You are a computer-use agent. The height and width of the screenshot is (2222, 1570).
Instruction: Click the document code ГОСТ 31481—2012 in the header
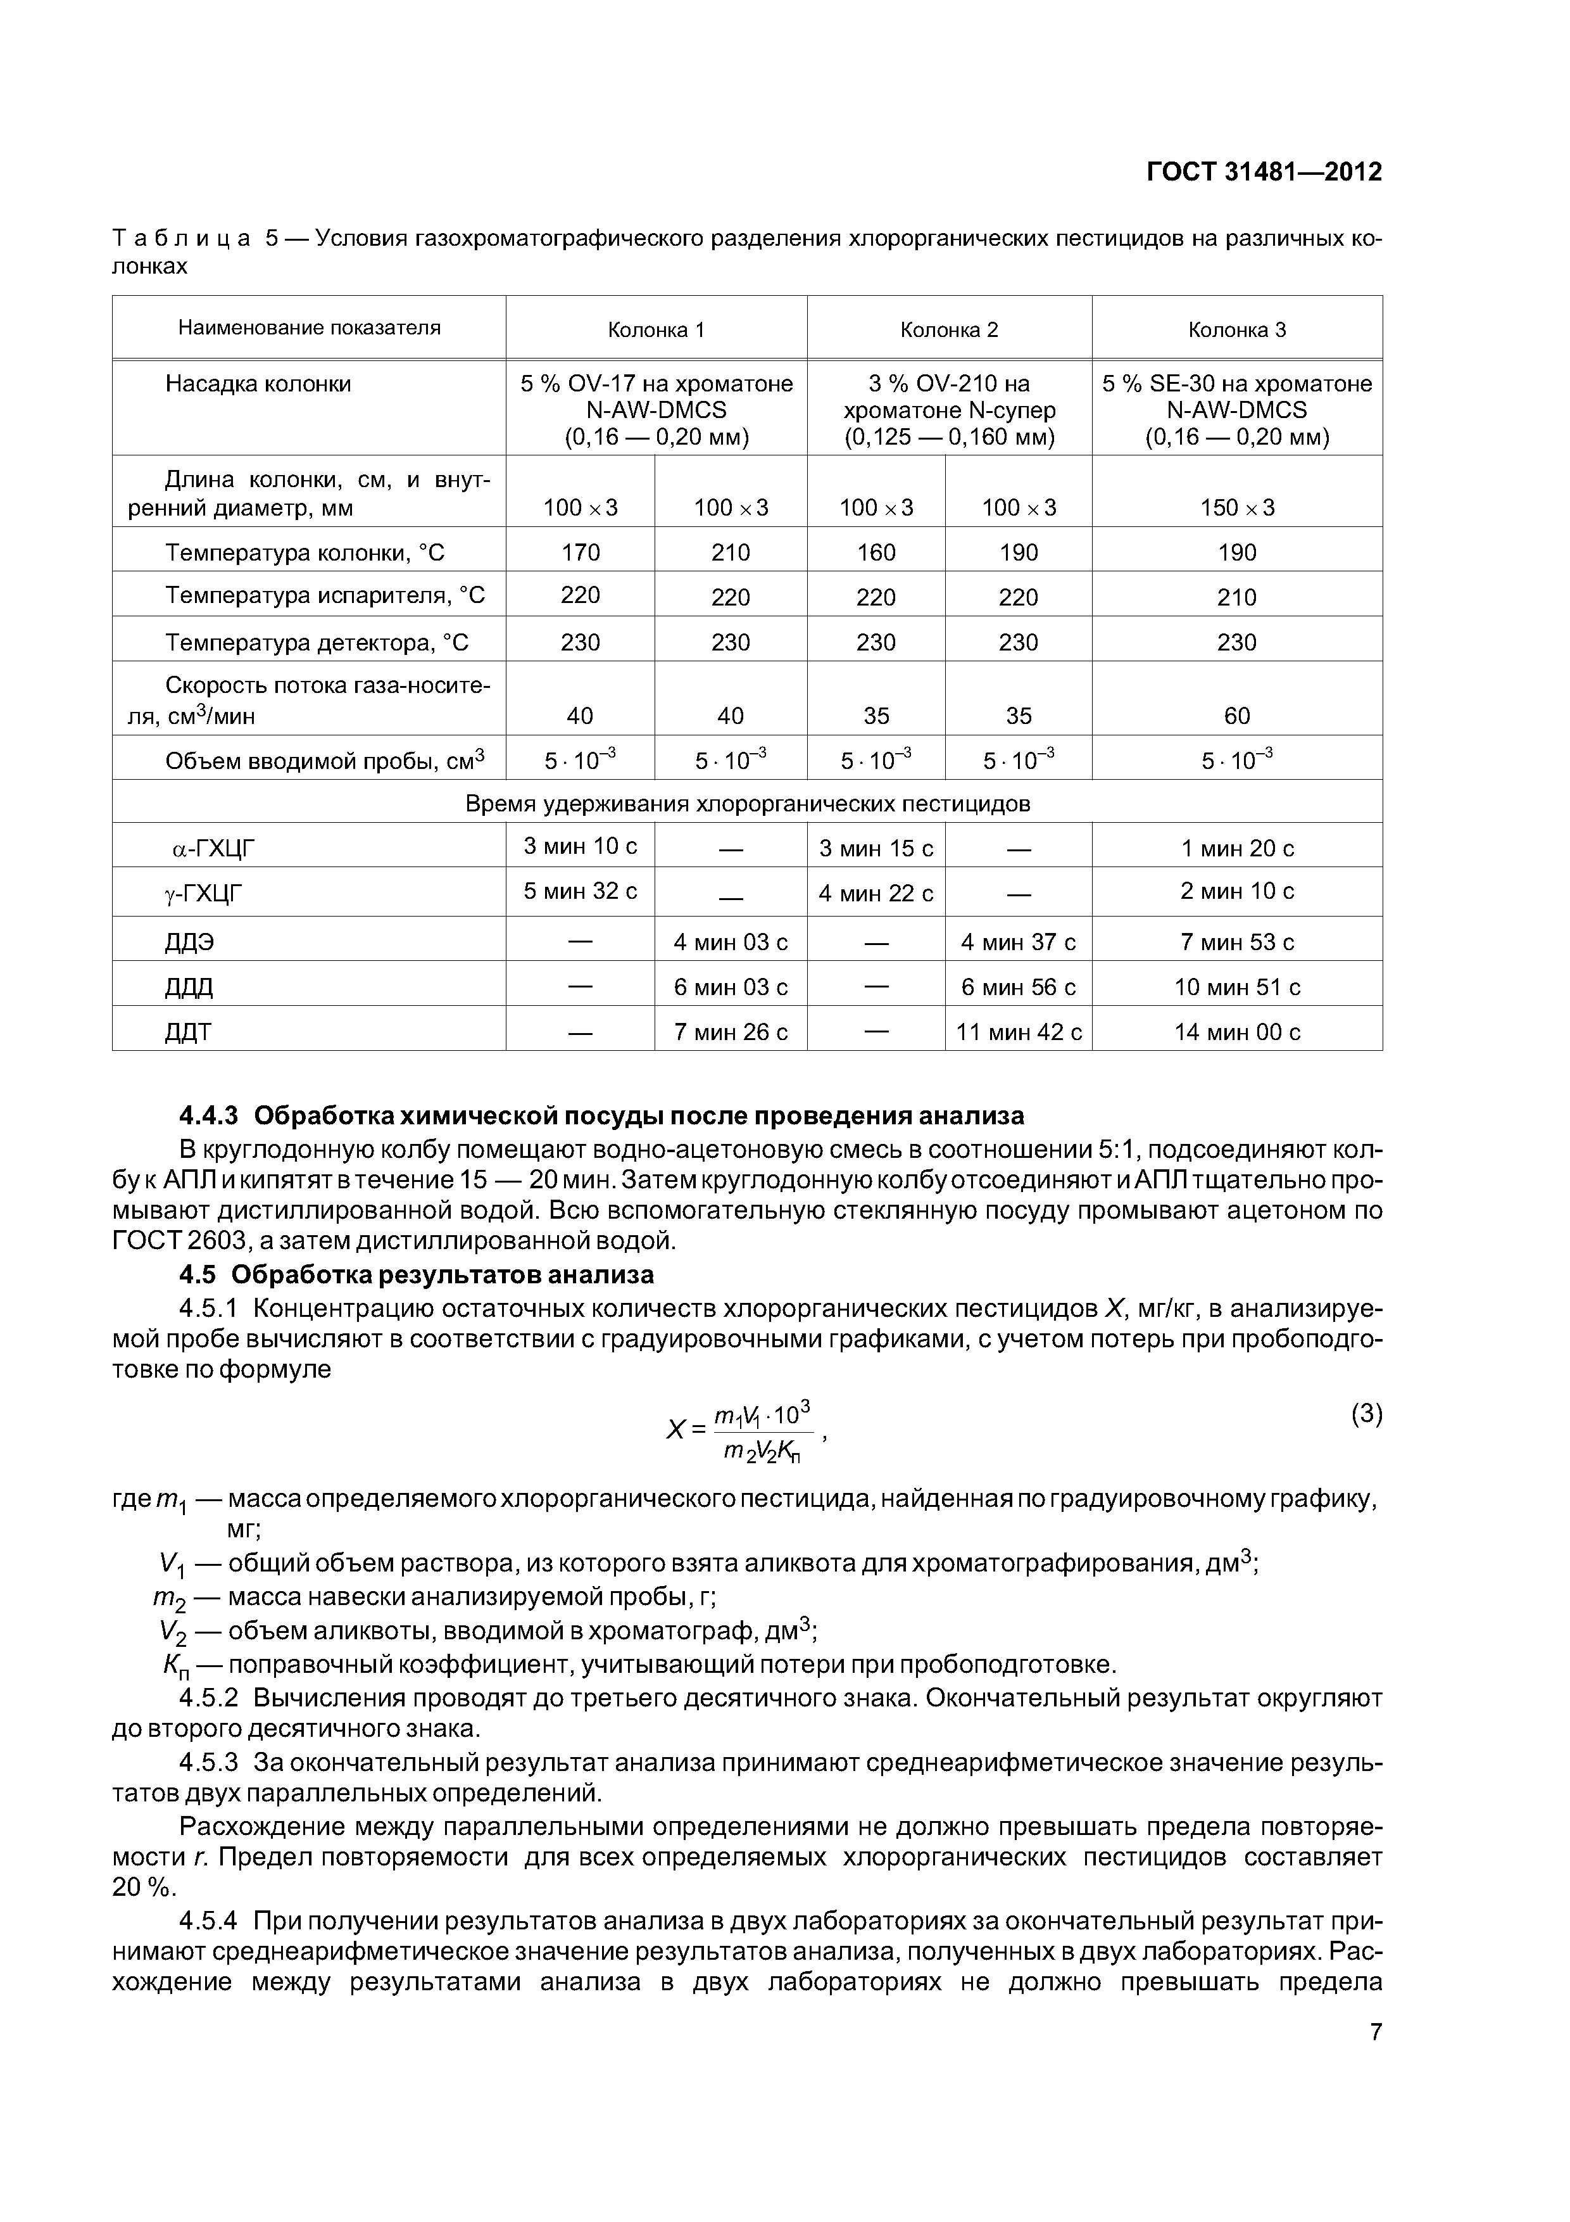(x=1264, y=172)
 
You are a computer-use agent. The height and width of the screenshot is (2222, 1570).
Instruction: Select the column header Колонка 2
(x=949, y=330)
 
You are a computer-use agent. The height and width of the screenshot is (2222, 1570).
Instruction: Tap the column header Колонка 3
(x=1236, y=330)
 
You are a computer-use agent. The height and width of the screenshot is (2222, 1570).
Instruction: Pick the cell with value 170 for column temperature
(x=581, y=552)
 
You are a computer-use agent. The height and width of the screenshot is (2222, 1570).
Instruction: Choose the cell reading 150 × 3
(x=1236, y=507)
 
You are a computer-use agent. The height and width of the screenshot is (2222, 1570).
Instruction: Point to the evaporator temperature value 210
(x=1236, y=597)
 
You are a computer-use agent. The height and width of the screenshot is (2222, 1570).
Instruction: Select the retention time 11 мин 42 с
(x=1019, y=1032)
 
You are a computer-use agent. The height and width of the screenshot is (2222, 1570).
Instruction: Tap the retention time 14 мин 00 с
(x=1236, y=1032)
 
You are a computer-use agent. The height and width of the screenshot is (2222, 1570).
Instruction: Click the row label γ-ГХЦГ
(x=203, y=893)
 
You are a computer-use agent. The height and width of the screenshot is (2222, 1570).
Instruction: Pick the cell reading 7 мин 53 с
(x=1236, y=942)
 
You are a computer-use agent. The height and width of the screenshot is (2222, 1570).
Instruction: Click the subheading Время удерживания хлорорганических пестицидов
(x=747, y=803)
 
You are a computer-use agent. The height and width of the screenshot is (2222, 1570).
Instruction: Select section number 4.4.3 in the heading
(x=208, y=1116)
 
